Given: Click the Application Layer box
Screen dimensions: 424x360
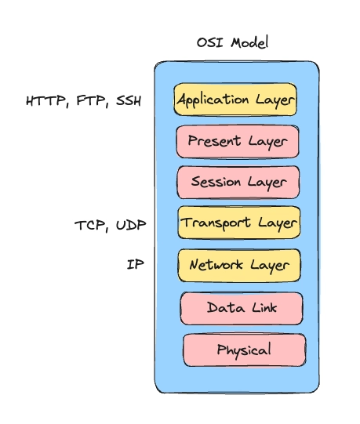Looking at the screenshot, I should (x=235, y=100).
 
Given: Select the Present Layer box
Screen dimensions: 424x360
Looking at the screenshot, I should (x=238, y=142).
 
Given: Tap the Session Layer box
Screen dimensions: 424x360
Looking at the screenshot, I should (x=238, y=182).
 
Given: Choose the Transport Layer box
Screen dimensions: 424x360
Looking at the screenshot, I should (x=239, y=223).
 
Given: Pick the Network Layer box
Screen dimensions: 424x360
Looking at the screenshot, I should (x=239, y=265).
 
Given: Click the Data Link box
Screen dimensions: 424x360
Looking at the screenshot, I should (x=242, y=307).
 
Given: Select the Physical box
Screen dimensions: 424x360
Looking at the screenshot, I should (x=244, y=350).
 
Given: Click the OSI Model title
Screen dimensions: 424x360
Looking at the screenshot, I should (x=232, y=42).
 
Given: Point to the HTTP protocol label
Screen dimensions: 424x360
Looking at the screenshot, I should (x=46, y=101).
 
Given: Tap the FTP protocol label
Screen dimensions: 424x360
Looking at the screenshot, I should (x=93, y=101).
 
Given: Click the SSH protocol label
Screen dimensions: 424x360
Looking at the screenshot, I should (x=129, y=101).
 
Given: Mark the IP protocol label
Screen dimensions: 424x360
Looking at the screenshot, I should (x=135, y=265).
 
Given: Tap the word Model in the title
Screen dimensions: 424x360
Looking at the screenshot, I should (x=249, y=42).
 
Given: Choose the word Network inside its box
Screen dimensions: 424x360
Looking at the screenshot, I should (x=214, y=265).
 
